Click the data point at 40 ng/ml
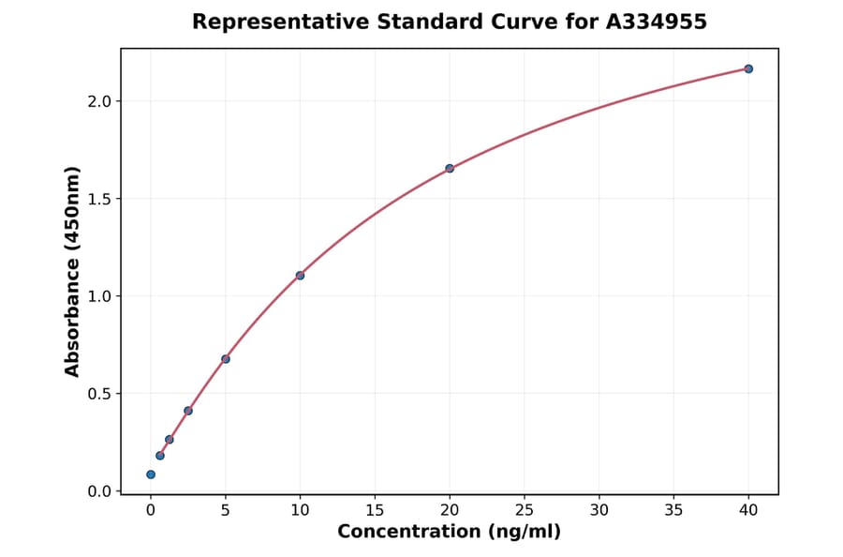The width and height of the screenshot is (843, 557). (748, 68)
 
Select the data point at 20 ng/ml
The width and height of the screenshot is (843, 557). (450, 168)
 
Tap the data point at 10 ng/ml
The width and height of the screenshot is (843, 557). (300, 275)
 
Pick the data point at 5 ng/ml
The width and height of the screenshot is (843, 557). (226, 358)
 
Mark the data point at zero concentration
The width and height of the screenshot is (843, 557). (151, 474)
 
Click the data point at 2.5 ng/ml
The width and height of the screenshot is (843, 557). (188, 411)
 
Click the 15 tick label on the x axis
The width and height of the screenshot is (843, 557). (375, 511)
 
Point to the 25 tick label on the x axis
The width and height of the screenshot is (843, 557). (525, 511)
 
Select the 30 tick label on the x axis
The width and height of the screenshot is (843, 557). (599, 511)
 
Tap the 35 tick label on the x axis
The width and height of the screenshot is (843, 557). (673, 511)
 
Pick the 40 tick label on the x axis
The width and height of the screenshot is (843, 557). (748, 511)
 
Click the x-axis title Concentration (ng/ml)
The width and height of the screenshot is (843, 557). (450, 533)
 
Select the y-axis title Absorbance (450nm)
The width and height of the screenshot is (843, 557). (72, 272)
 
